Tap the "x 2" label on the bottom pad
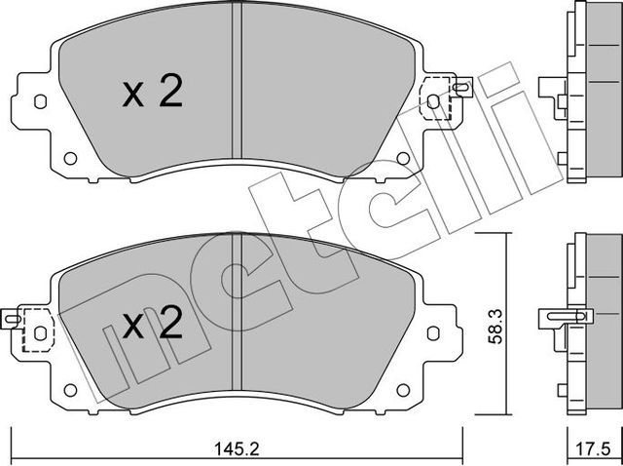click(x=153, y=324)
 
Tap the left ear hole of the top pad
click(x=39, y=101)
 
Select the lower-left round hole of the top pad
click(x=69, y=158)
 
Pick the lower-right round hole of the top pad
click(x=403, y=158)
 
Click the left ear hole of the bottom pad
click(x=39, y=331)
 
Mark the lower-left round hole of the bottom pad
click(x=69, y=389)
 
